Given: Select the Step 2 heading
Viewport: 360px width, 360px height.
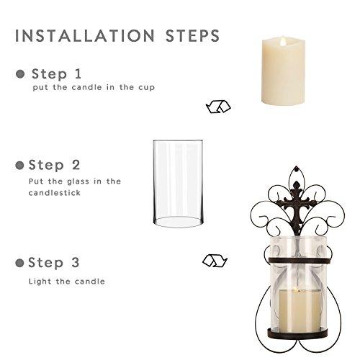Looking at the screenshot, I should tap(57, 165).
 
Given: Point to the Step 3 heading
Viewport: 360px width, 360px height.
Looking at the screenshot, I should tap(57, 262).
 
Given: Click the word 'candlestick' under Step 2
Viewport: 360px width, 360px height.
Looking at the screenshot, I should tap(54, 194).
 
